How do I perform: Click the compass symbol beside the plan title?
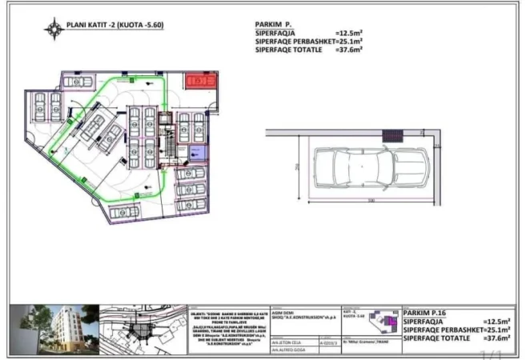pos(55,29)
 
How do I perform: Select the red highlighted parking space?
pos(197,80)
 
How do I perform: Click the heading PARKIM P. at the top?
pos(276,25)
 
